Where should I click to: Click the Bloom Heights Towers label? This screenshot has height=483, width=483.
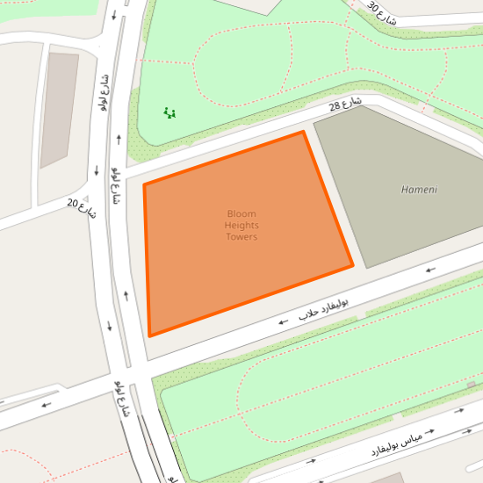coord(241,225)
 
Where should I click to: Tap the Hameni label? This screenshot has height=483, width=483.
coord(419,190)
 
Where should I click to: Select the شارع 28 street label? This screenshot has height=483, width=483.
coord(346,106)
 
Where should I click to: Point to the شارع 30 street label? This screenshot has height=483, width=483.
coord(382,12)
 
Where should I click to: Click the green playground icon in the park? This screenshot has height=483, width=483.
coord(170,112)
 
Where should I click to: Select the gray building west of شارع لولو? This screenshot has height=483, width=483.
coord(59,109)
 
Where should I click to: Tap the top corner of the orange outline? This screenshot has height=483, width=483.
coord(304,132)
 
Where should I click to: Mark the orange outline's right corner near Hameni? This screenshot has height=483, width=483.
coord(352,265)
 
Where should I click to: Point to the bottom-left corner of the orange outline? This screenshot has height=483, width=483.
coord(150,335)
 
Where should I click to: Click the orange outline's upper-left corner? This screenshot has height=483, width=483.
coord(144,184)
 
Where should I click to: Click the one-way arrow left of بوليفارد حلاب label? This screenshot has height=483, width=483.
coord(283,322)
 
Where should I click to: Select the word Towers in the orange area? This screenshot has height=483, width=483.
coord(241,236)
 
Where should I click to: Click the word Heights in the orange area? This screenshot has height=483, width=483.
coord(241,225)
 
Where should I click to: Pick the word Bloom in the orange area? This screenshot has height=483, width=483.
coord(241,213)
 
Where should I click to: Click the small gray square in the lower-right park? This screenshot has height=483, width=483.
coord(472,385)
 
